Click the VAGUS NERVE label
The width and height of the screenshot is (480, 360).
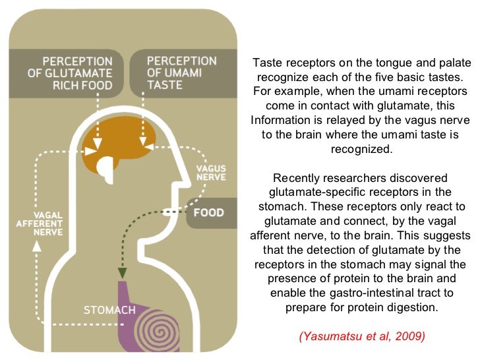(x=211, y=173)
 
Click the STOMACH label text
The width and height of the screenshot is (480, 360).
(x=110, y=309)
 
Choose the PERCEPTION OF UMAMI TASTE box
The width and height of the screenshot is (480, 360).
(x=182, y=73)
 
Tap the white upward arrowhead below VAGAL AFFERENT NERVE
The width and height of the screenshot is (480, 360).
(x=37, y=245)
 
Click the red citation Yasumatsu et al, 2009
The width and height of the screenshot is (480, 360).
(x=362, y=336)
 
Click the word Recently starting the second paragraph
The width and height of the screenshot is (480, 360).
(x=297, y=178)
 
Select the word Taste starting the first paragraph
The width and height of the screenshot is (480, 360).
(x=268, y=63)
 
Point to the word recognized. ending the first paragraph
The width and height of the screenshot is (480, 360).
(x=362, y=149)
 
